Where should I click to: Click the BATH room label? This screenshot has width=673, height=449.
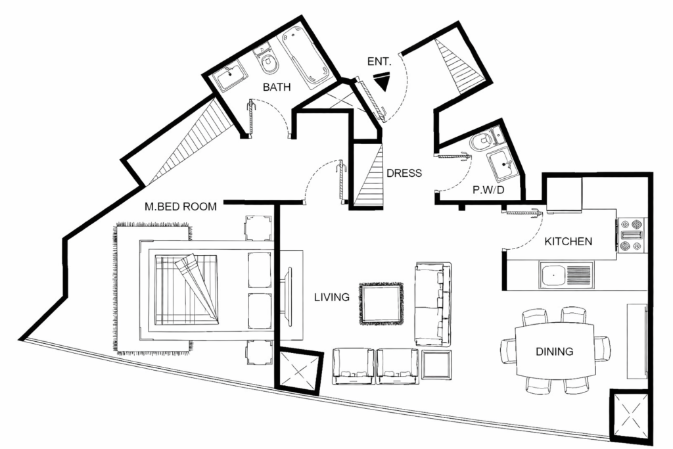(x=277, y=87)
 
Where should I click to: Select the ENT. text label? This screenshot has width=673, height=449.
(x=379, y=62)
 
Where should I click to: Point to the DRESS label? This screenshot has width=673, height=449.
(x=404, y=174)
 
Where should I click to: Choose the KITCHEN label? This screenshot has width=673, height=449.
(x=569, y=241)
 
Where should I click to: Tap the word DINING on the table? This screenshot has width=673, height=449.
(x=555, y=352)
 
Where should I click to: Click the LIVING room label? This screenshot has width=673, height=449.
(x=331, y=298)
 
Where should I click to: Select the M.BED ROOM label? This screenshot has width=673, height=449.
(x=181, y=207)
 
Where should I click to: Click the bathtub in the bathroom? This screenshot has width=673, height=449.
(x=306, y=57)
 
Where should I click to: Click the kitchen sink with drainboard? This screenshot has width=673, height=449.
(x=566, y=274)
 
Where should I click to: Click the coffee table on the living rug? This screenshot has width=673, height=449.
(x=381, y=304)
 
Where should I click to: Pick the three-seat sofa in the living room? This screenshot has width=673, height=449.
(x=433, y=303)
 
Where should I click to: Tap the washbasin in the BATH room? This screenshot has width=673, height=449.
(x=231, y=79)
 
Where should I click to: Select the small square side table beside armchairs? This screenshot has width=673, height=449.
(x=436, y=365)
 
